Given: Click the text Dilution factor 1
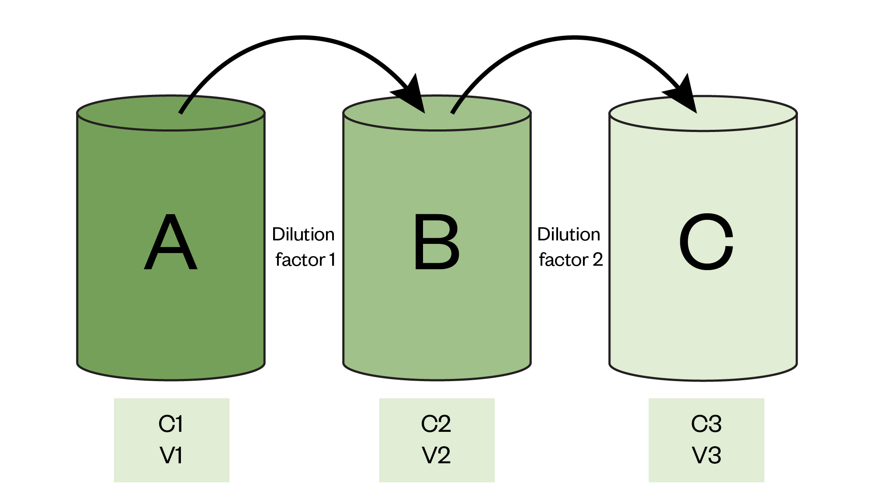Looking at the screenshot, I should click(304, 247).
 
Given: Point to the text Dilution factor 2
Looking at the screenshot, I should click(570, 247).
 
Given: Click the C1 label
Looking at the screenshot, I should click(171, 424).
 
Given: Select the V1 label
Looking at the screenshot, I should click(171, 455).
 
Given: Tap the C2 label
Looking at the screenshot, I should click(436, 424).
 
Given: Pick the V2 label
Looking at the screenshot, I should click(436, 455).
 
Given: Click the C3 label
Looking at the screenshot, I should click(706, 424).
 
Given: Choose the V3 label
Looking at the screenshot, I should click(706, 455).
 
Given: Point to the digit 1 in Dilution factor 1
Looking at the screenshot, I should click(332, 260).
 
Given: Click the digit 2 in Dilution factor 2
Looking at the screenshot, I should click(597, 260).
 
